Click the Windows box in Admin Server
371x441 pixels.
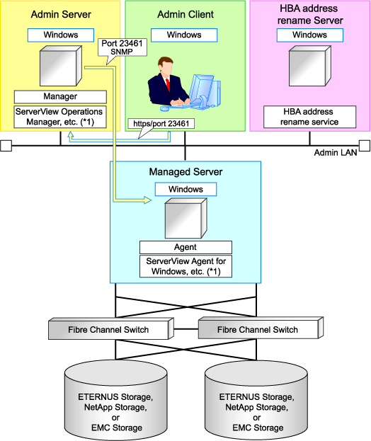(61, 35)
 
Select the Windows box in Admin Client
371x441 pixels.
(184, 35)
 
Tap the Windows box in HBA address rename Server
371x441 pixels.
(309, 35)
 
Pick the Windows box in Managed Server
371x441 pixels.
(185, 189)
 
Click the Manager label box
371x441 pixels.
(60, 97)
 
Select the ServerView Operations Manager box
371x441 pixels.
(60, 117)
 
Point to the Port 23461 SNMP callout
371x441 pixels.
(122, 47)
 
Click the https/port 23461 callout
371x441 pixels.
(161, 124)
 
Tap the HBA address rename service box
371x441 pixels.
(309, 117)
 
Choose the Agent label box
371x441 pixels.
(185, 247)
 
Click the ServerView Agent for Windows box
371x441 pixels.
(185, 266)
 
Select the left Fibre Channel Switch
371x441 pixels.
(111, 328)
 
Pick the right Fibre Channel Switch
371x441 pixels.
(261, 328)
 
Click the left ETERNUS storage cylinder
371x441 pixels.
(116, 400)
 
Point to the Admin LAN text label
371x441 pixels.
(336, 153)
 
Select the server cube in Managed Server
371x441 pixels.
(186, 218)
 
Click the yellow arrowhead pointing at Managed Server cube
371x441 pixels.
(147, 200)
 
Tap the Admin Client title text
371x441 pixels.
(185, 15)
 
